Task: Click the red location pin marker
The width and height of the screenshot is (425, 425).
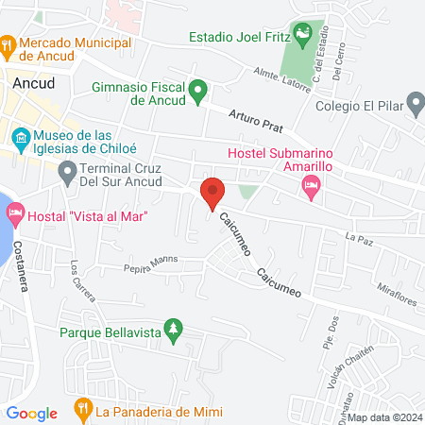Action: [212, 193]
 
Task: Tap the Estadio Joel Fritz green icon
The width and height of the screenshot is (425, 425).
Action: [301, 37]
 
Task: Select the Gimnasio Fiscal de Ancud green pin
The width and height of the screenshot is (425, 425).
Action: [197, 92]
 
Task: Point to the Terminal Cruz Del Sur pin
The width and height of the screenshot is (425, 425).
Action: [67, 173]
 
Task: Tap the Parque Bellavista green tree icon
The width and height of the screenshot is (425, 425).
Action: [173, 331]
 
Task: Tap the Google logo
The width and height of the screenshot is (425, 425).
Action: [31, 413]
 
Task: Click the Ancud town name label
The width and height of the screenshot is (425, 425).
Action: [34, 83]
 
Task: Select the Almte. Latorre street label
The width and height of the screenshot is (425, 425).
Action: [281, 74]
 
